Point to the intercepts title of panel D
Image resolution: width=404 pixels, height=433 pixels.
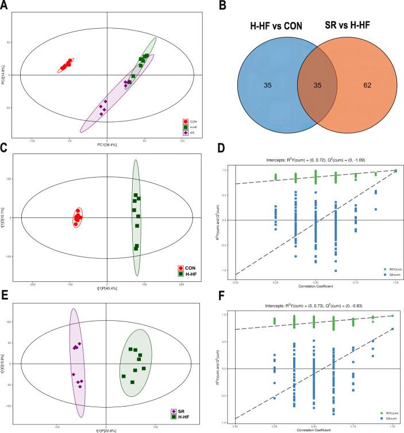pos(315,159)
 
